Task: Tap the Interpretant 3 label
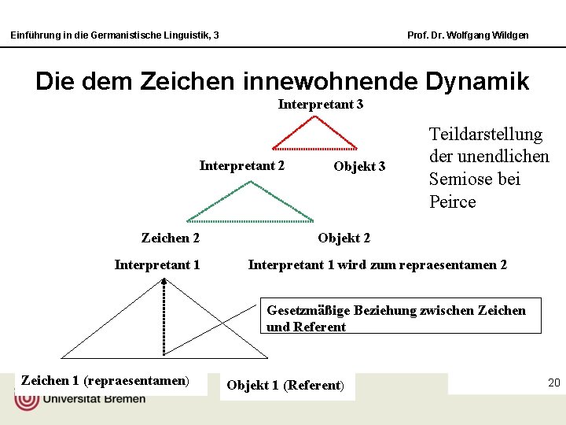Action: coord(321,105)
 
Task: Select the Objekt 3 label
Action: coord(359,166)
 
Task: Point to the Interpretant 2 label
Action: coord(242,165)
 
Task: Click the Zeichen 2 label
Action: coord(171,238)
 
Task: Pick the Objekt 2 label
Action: coord(344,238)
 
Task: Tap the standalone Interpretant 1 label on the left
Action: coord(157,264)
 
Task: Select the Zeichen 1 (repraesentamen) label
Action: coord(105,381)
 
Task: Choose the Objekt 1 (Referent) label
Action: coord(285,385)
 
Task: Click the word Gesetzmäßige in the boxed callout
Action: coord(308,310)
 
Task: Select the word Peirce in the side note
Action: coord(453,201)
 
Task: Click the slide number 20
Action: coord(553,382)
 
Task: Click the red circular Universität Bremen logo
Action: coord(27,398)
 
